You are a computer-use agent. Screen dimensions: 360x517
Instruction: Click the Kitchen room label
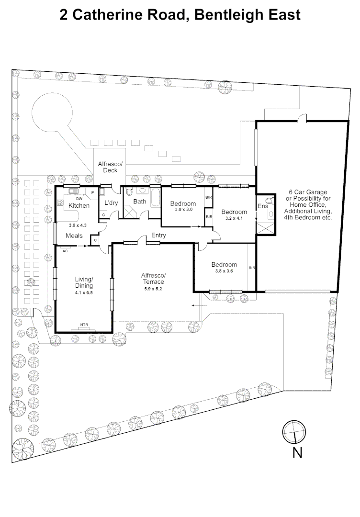point(79,205)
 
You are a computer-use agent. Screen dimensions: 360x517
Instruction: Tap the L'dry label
point(111,203)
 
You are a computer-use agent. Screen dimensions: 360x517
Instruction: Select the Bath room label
point(140,201)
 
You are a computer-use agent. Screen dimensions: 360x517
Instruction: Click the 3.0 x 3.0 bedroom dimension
point(184,209)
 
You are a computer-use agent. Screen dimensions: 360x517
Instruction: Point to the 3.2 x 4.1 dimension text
point(234,218)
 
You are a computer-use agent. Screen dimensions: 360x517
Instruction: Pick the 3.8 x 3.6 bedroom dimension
point(224,271)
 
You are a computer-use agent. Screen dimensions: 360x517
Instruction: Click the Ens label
point(263,206)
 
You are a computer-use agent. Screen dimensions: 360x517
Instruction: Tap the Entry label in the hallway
point(158,236)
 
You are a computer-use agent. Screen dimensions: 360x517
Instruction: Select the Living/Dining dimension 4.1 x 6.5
point(84,292)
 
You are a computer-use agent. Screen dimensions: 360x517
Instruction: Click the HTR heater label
point(84,325)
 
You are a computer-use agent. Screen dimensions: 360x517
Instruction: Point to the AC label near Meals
point(65,251)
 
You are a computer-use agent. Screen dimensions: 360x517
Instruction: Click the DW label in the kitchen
point(79,199)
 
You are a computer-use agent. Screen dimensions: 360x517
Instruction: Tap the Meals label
point(74,236)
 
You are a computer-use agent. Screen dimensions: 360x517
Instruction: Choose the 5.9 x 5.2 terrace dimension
point(153,289)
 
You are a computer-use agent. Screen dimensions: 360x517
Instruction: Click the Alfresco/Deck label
point(110,167)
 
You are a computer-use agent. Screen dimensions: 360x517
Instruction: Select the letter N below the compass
point(297,453)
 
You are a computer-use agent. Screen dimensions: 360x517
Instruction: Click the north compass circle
point(294,432)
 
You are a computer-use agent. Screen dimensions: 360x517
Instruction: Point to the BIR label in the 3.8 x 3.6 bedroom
point(252,268)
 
